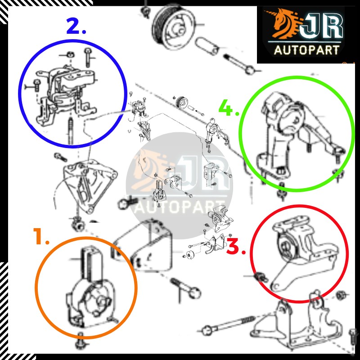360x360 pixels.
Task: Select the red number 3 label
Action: (236, 246)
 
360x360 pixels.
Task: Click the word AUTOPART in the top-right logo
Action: (307, 50)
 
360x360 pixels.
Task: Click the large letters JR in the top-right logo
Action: (321, 25)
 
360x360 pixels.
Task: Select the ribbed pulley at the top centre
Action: (174, 27)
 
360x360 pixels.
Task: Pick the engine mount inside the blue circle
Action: (65, 92)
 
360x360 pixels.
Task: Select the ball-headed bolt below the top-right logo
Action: (239, 63)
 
